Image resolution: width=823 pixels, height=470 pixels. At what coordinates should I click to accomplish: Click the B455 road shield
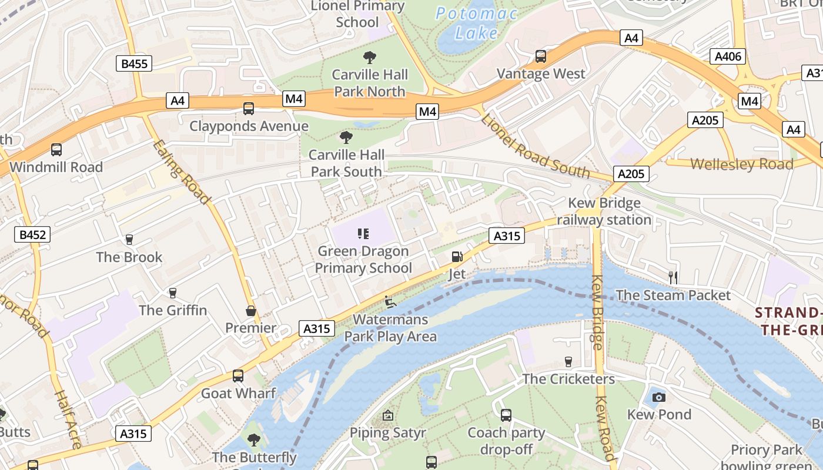(133, 63)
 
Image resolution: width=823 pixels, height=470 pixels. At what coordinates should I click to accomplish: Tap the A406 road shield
(728, 56)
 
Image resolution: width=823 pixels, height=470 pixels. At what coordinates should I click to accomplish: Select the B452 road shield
(32, 234)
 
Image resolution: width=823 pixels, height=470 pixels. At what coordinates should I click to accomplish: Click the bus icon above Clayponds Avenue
(249, 109)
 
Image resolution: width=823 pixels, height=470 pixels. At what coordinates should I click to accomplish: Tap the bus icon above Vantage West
(541, 56)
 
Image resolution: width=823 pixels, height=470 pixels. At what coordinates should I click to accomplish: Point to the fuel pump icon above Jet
(457, 257)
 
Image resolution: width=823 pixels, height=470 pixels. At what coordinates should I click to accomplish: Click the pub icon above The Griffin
(173, 293)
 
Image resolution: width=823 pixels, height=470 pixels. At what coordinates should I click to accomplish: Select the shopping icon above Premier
(251, 310)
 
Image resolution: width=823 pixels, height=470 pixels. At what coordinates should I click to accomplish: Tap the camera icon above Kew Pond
(659, 397)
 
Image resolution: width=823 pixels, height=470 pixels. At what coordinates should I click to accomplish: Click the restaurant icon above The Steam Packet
(673, 277)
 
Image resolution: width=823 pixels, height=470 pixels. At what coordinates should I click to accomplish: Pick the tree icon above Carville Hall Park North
(369, 57)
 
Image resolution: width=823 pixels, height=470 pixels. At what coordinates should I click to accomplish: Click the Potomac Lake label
(476, 23)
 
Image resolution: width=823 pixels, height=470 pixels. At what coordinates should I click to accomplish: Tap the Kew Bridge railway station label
(604, 211)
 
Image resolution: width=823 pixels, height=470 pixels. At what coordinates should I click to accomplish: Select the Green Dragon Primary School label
(363, 259)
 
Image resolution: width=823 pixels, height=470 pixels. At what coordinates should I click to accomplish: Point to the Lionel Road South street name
(535, 146)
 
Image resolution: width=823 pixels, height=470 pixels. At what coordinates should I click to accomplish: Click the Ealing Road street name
(182, 172)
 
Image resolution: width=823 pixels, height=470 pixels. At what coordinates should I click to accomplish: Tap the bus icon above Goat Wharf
(238, 375)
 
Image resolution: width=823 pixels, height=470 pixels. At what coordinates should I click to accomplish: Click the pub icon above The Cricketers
(568, 361)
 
